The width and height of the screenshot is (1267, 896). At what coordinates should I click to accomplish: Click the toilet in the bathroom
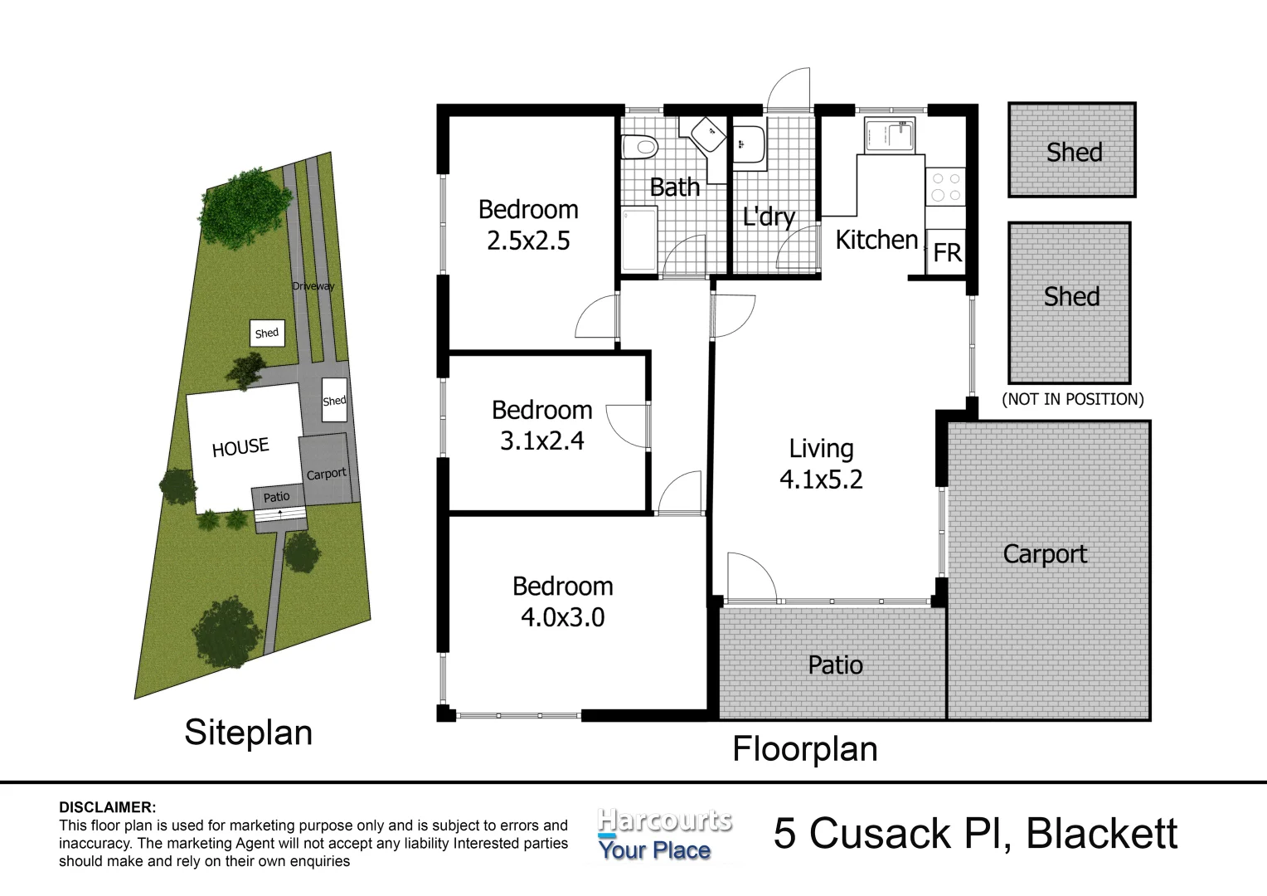(x=639, y=148)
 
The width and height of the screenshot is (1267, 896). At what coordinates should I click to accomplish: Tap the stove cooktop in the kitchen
(x=945, y=186)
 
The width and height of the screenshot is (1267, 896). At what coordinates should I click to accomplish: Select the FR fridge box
(x=946, y=252)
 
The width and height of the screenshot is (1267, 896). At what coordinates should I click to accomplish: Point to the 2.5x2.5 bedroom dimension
(x=528, y=241)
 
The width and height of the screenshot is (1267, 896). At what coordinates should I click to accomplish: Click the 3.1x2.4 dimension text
(x=541, y=441)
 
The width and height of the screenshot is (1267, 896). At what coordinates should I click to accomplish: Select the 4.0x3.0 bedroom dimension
(x=562, y=617)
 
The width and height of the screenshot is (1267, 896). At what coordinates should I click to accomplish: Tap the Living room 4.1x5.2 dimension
(x=821, y=480)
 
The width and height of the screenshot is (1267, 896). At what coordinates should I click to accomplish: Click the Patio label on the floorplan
(x=835, y=665)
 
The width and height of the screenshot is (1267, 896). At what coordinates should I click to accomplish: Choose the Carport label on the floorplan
(x=1044, y=554)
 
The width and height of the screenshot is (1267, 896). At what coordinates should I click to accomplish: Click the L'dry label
(x=769, y=217)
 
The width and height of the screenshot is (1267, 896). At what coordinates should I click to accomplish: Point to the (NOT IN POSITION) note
(x=1072, y=399)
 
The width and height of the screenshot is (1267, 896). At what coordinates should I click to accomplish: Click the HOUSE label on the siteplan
(x=240, y=448)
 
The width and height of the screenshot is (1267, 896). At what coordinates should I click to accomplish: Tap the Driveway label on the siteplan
(x=313, y=286)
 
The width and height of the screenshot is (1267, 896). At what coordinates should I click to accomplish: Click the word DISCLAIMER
(x=107, y=807)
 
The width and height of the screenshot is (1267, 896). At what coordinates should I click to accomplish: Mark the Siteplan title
(x=248, y=733)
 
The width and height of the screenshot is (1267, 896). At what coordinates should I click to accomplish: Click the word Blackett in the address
(x=1101, y=834)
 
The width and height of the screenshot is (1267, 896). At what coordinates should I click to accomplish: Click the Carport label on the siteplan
(x=326, y=474)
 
